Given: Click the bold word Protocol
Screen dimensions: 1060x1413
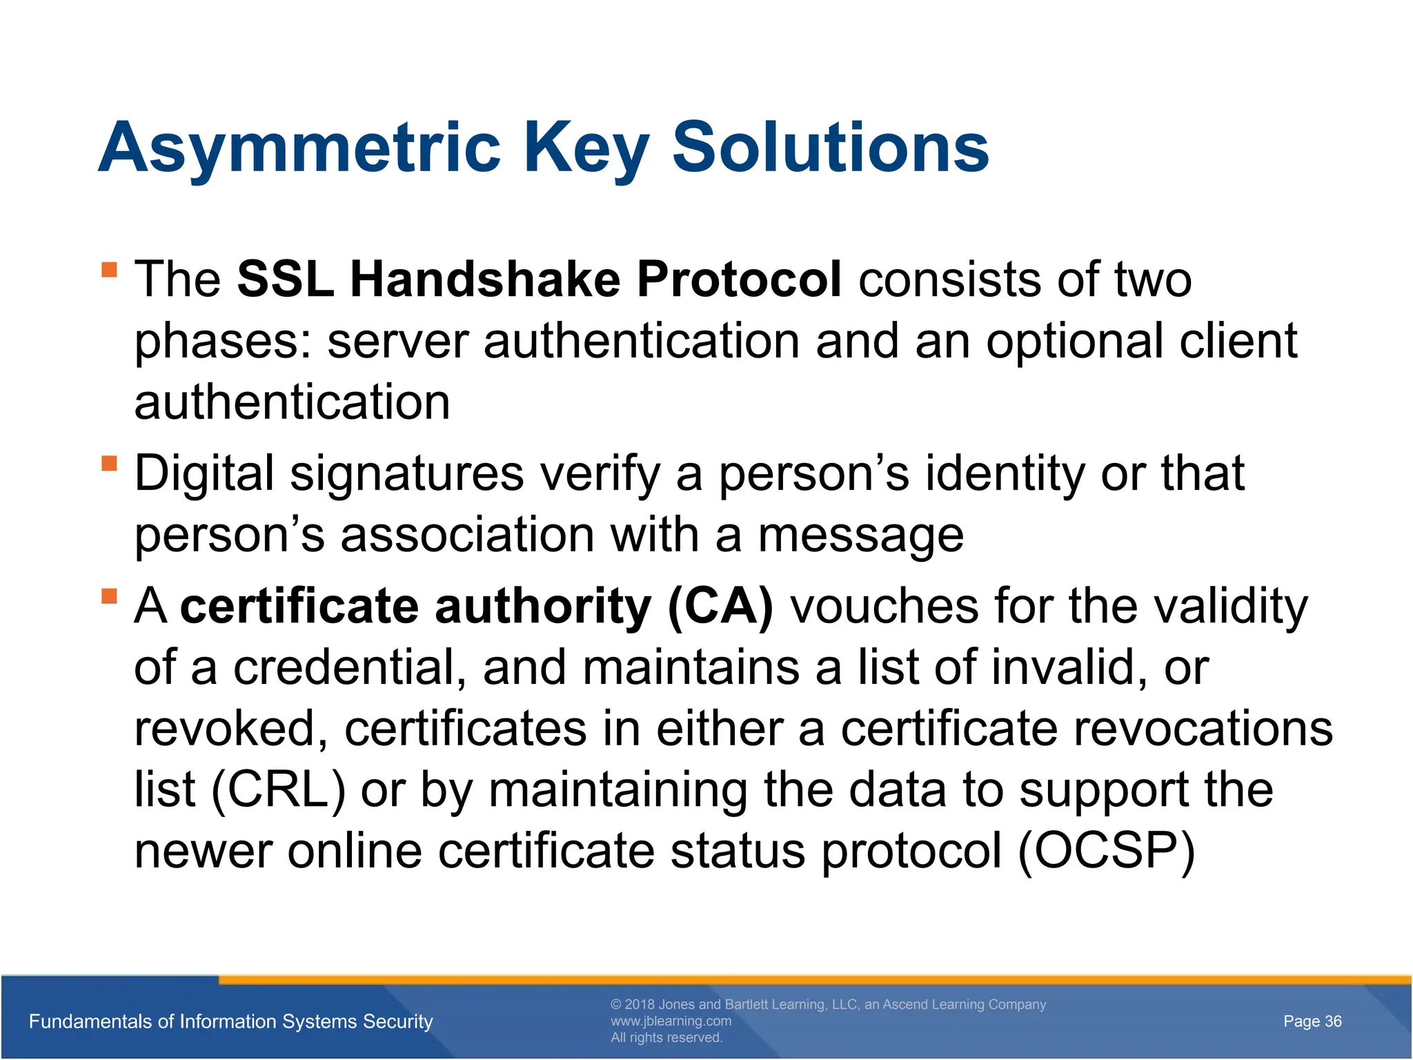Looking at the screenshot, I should (x=738, y=279).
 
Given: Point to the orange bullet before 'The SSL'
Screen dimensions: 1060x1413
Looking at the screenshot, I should (x=109, y=268).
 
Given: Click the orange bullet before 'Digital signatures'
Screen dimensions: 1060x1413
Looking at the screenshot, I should (x=109, y=462).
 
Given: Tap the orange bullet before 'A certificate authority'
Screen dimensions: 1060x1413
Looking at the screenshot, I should (x=109, y=595).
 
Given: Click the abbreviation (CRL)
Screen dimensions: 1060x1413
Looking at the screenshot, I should (x=278, y=790).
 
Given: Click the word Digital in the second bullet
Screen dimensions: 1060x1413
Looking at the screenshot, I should (x=204, y=475).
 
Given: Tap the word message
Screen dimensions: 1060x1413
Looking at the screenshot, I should (x=860, y=536).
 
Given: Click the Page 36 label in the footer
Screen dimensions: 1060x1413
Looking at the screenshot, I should (x=1312, y=1021).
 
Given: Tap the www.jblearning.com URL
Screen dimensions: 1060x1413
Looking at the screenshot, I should (x=671, y=1021).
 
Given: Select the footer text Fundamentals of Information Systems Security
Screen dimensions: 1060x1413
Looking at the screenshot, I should (x=230, y=1021).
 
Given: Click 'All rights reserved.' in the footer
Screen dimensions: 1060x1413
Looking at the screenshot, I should (x=666, y=1038).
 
